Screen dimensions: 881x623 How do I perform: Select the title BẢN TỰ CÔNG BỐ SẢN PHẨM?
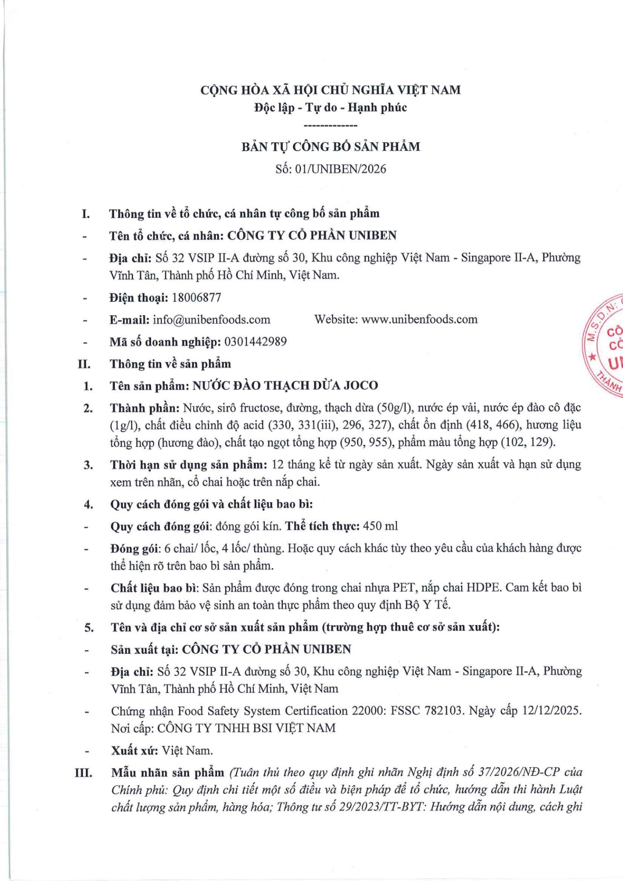(x=330, y=147)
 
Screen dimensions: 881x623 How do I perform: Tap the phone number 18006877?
(x=197, y=298)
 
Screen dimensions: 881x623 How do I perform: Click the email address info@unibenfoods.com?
(x=211, y=320)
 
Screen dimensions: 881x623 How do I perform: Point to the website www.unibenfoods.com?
(x=419, y=319)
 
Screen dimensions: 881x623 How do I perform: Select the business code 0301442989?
(x=256, y=342)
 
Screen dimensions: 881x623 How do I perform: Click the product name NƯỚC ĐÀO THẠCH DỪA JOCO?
(x=286, y=386)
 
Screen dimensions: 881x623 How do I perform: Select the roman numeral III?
(x=83, y=773)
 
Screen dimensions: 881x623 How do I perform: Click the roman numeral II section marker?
(x=84, y=364)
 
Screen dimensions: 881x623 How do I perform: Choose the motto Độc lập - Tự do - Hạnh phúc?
(x=330, y=107)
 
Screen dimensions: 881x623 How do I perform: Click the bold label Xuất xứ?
(x=134, y=751)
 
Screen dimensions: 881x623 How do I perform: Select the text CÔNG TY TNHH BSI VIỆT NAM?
(x=246, y=728)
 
